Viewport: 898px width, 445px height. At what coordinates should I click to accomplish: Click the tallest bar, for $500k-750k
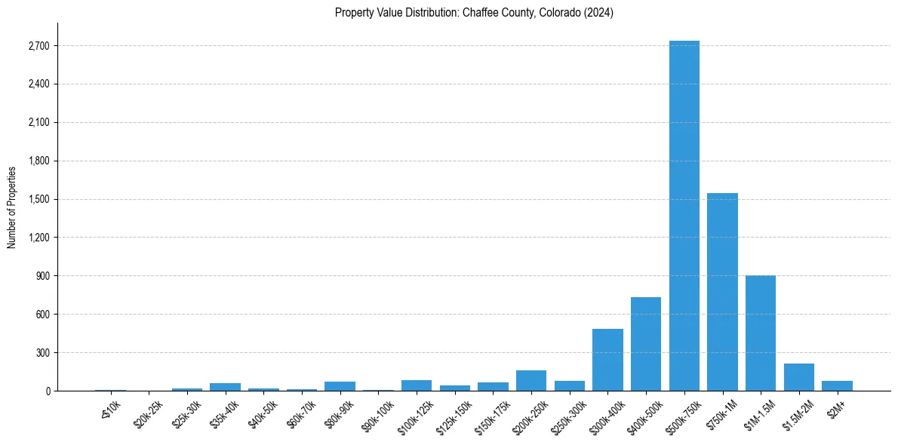point(684,216)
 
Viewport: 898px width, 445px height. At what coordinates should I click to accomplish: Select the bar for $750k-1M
point(722,292)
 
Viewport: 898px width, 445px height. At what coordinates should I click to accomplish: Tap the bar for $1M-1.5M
point(761,333)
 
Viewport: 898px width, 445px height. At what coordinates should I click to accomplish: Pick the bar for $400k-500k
point(646,344)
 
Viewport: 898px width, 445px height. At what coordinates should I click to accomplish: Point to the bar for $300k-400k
point(607,360)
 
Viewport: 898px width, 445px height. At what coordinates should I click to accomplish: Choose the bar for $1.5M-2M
point(799,377)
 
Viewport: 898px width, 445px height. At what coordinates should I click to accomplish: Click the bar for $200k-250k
point(531,381)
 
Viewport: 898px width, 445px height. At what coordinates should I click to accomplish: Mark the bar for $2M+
point(837,385)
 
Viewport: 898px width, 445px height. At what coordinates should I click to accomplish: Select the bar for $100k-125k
point(417,385)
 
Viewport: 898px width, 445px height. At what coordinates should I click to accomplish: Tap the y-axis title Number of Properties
point(12,207)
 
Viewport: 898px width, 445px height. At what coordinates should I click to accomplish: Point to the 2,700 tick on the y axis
point(38,46)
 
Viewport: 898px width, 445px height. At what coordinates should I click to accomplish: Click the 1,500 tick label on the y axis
point(38,199)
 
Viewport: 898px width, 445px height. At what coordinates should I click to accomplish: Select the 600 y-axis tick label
point(42,314)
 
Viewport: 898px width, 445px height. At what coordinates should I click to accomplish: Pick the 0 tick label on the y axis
point(47,391)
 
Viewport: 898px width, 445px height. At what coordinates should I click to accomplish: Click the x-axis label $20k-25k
point(148,411)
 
